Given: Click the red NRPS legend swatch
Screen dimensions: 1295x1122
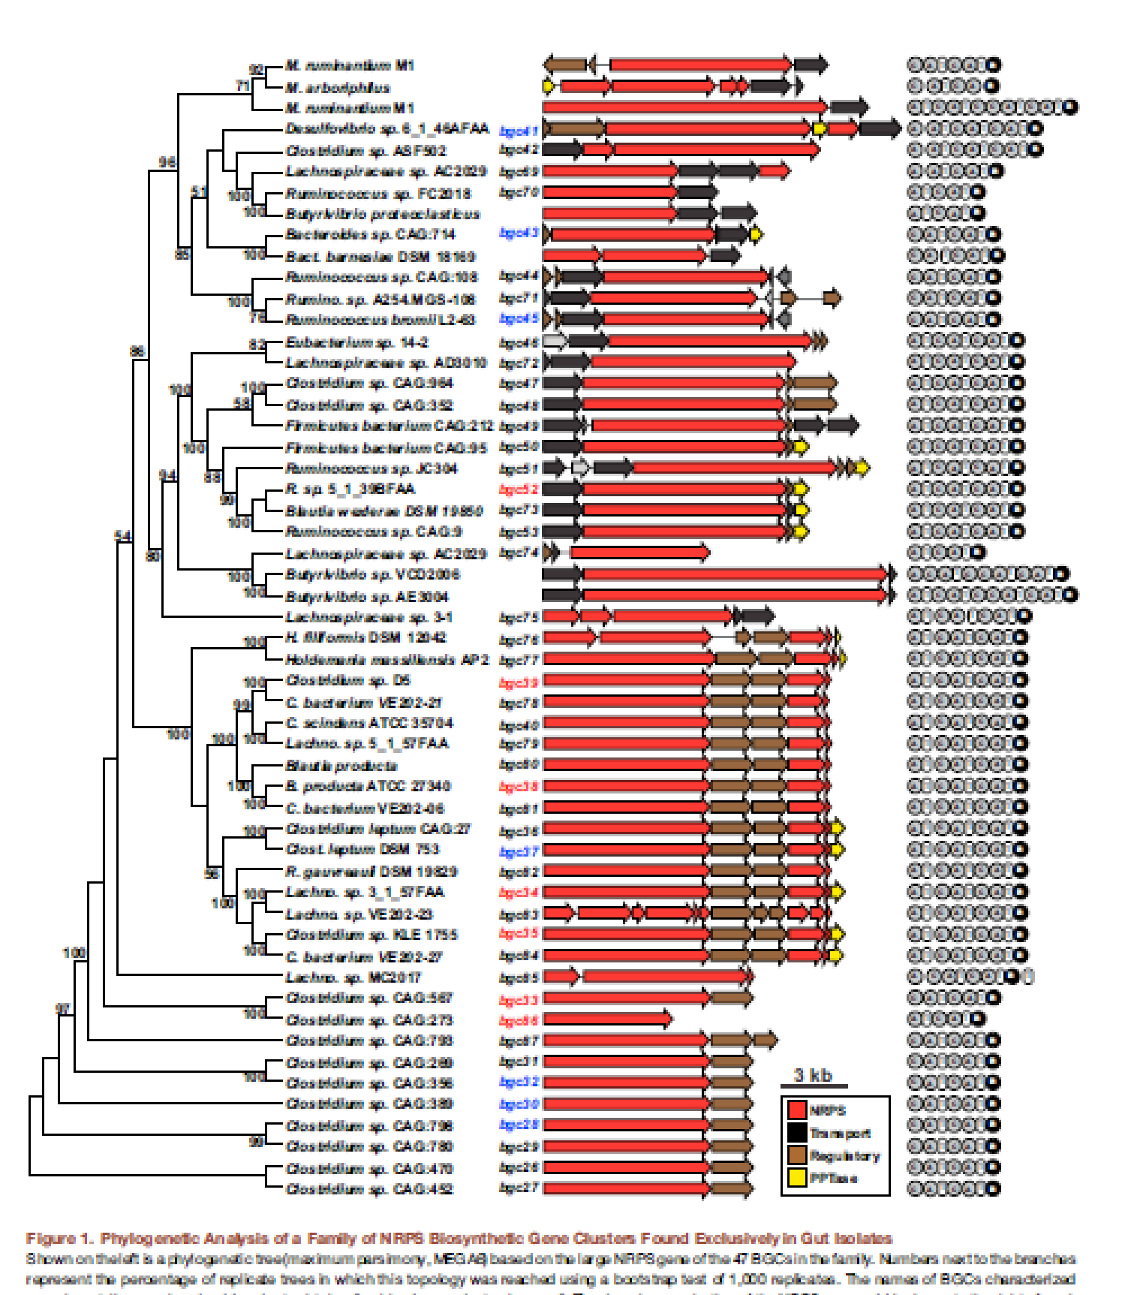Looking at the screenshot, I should click(x=797, y=1110).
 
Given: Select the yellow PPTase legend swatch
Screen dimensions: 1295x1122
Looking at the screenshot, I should click(x=797, y=1177).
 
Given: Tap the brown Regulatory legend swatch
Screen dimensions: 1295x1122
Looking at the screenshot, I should click(x=797, y=1155).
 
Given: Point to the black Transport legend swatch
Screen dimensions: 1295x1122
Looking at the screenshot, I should click(x=797, y=1132).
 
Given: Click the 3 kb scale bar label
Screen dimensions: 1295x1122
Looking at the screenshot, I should click(x=814, y=1075).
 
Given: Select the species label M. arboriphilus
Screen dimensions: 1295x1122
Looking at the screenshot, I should click(x=338, y=87).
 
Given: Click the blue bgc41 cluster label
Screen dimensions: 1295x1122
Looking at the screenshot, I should click(x=519, y=130).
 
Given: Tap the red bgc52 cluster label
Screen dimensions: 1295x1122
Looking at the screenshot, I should click(x=519, y=489).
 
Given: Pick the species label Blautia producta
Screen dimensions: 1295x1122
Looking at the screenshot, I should click(x=341, y=766).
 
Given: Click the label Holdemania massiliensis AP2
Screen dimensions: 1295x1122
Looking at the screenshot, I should click(x=387, y=660).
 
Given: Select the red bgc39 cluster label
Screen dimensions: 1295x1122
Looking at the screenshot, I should click(x=519, y=682).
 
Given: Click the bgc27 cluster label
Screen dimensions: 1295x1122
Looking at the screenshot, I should click(x=519, y=1188).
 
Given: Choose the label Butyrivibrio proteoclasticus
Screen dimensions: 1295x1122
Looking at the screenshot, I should click(x=382, y=214).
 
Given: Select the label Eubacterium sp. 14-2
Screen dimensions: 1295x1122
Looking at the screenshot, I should click(x=356, y=342).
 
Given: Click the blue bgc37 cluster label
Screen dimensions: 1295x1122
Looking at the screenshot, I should click(x=519, y=851).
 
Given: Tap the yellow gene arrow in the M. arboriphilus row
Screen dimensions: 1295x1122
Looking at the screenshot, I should click(x=549, y=86).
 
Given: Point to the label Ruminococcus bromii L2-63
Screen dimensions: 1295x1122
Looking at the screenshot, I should click(x=380, y=320).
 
